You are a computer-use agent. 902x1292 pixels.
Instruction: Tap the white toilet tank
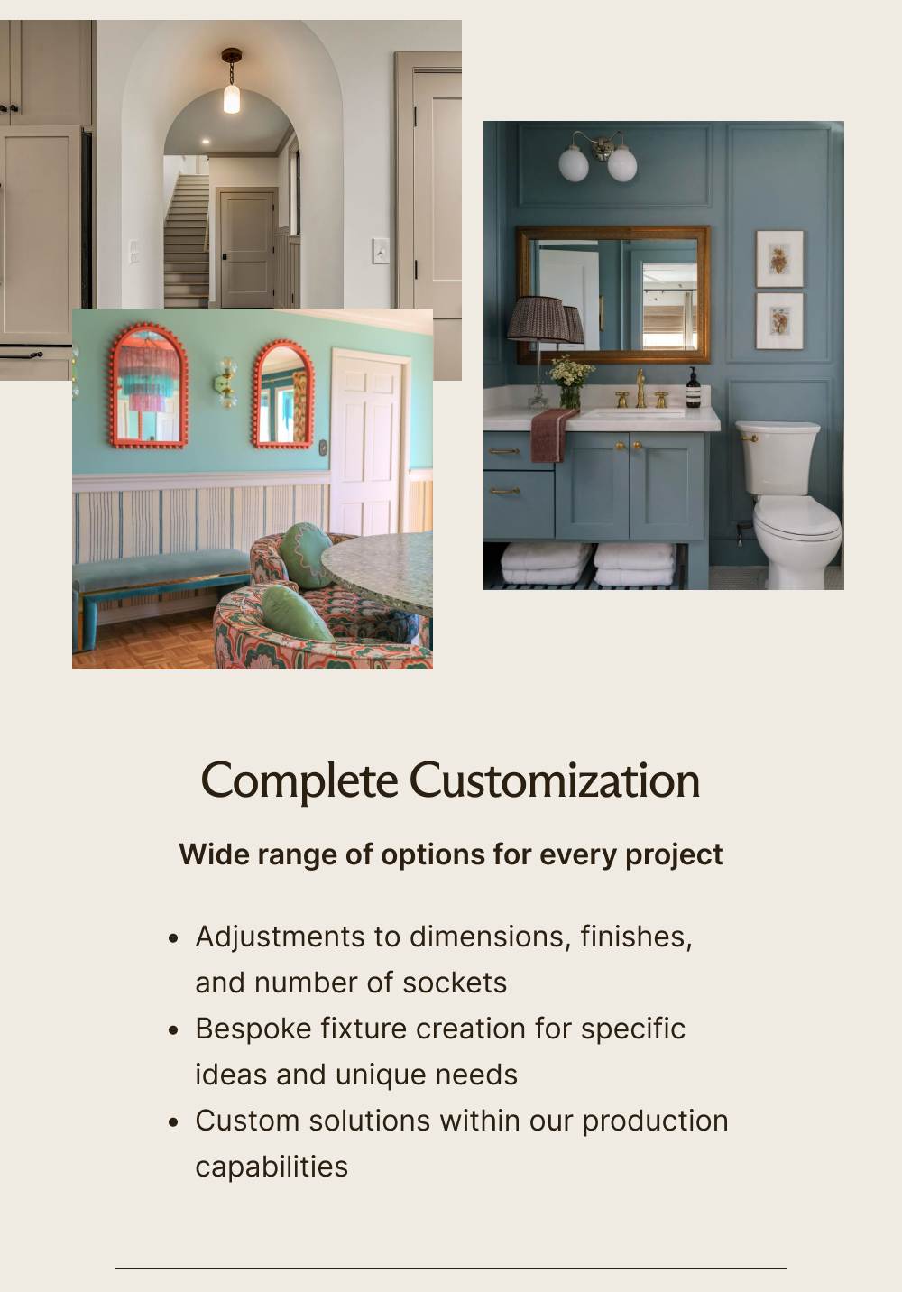coord(778,457)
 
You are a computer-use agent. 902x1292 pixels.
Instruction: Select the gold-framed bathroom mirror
coord(612,294)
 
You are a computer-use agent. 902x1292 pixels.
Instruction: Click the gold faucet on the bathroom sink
coord(640,390)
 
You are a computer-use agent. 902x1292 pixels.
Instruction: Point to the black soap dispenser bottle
coord(693,389)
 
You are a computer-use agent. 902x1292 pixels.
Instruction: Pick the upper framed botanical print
coord(779,259)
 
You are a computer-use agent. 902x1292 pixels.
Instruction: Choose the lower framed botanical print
coord(779,320)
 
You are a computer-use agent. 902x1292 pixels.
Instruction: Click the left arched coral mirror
coord(149,385)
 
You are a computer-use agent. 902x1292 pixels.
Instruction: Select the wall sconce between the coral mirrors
coord(225,381)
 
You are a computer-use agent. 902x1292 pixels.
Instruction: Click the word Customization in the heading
coord(554,781)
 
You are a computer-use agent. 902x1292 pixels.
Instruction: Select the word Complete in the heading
coord(299,781)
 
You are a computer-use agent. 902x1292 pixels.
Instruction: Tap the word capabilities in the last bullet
coord(272,1167)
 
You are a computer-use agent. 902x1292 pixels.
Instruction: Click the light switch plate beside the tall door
coord(381,250)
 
